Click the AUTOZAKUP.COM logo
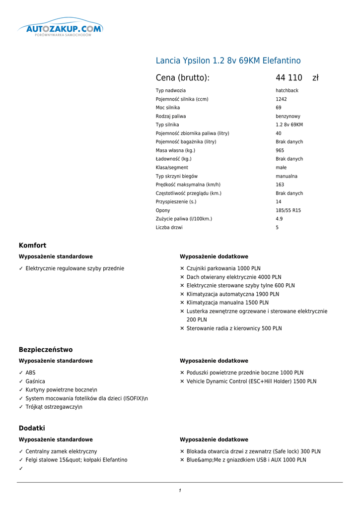click(x=61, y=29)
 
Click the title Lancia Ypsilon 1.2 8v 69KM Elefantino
click(x=228, y=61)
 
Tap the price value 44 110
click(x=289, y=78)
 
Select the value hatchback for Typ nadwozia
click(x=287, y=91)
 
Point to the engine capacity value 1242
click(x=281, y=99)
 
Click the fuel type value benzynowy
click(x=288, y=117)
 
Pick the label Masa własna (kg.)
click(x=175, y=150)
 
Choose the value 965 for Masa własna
click(x=280, y=150)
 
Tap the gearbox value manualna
click(x=287, y=176)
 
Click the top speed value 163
click(x=280, y=185)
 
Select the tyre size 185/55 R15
click(x=288, y=210)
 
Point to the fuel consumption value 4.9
click(x=279, y=219)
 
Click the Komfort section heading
click(x=32, y=246)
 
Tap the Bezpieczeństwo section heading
click(x=46, y=350)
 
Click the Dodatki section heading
click(x=32, y=428)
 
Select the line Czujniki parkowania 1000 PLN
click(x=223, y=268)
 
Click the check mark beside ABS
click(x=21, y=373)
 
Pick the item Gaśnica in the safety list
click(x=35, y=381)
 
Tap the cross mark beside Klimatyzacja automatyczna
click(x=182, y=294)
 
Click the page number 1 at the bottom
click(x=180, y=491)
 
